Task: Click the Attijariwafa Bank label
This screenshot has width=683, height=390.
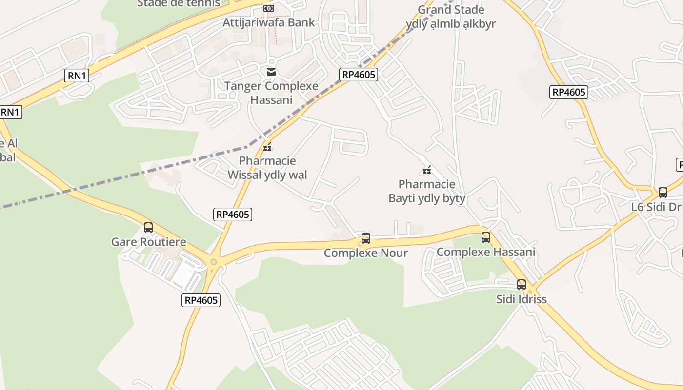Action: pos(269,22)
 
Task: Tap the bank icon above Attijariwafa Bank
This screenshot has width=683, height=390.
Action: pos(269,8)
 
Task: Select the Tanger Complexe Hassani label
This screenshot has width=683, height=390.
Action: pos(271,93)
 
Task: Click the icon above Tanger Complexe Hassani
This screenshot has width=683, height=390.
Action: pos(271,72)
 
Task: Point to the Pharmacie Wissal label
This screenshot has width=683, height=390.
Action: pos(268,168)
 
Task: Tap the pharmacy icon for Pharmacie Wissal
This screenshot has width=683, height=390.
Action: pos(267,146)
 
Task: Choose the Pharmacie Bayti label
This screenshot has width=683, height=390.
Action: pos(427,191)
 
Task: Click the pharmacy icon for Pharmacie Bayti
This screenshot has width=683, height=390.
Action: pos(427,170)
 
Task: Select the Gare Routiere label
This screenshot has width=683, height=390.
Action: pos(149,242)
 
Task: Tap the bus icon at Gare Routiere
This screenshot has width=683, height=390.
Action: pos(148,228)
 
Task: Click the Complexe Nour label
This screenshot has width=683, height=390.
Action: pos(366,253)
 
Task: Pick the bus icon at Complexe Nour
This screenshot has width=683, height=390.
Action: pos(366,238)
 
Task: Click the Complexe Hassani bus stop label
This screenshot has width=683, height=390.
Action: pos(486,252)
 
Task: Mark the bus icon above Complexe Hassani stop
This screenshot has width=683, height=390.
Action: pos(486,237)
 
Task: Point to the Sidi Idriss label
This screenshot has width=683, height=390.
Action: pos(522,299)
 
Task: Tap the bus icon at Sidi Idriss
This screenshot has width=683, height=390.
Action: pos(522,285)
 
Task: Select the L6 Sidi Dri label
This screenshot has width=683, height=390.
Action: pos(657,207)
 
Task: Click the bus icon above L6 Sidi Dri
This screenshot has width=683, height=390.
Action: pos(663,193)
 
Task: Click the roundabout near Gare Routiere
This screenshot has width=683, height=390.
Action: pos(213,262)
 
